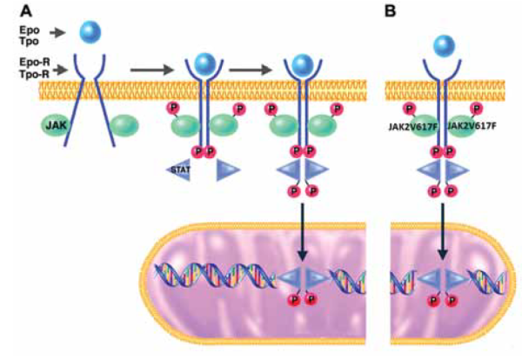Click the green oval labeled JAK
(x=55, y=125)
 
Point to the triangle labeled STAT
(x=179, y=170)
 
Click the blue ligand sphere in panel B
(x=443, y=46)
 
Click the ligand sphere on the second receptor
(x=204, y=62)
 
